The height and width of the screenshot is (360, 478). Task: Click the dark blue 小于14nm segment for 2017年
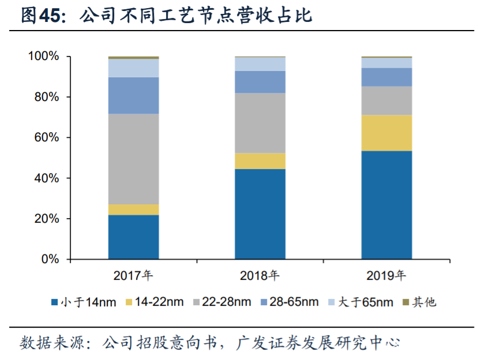133,237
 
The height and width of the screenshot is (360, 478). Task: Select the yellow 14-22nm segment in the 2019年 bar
386,133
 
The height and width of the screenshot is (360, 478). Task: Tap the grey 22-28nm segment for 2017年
133,159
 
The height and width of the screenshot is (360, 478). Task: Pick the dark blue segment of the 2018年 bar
260,214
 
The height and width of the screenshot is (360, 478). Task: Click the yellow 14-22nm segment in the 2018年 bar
260,161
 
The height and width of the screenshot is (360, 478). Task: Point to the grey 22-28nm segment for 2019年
386,100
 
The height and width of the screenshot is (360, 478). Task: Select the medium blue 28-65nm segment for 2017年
133,95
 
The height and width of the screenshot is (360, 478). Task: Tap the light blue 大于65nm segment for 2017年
133,68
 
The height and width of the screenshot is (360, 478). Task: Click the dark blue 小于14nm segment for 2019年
386,205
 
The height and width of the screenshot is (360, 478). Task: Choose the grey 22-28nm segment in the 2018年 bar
260,123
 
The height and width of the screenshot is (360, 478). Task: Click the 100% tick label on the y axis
44,57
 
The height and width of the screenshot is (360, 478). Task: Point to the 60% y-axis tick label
47,138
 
